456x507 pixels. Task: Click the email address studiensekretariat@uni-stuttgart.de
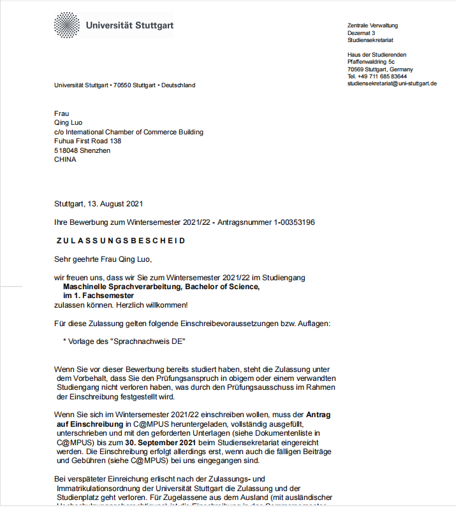[x=392, y=83]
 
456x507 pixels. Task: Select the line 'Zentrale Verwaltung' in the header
[x=372, y=25]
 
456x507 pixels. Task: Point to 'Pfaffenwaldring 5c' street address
[x=371, y=62]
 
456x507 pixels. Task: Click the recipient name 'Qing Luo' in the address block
[x=68, y=123]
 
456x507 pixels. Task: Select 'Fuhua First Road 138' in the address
[x=88, y=141]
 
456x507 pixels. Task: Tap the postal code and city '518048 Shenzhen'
[x=82, y=150]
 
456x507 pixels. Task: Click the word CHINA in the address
[x=65, y=160]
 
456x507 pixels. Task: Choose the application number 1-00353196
[x=285, y=222]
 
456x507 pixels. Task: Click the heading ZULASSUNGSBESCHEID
[x=121, y=241]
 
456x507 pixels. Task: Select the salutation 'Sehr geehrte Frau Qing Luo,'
[x=103, y=259]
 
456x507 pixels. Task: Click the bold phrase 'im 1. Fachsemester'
[x=98, y=296]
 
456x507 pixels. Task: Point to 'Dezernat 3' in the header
[x=361, y=32]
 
